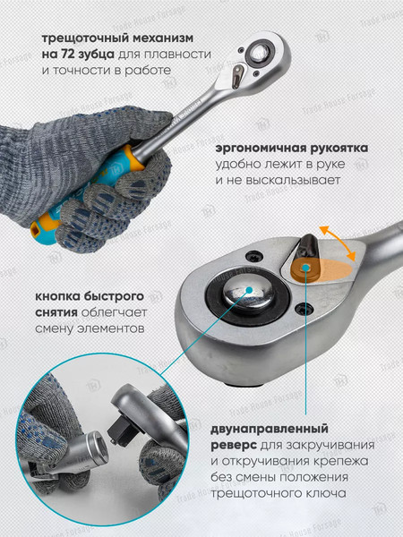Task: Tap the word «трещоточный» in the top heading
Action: pyautogui.click(x=85, y=38)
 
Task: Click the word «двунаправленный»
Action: pyautogui.click(x=270, y=429)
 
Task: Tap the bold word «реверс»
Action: pyautogui.click(x=234, y=446)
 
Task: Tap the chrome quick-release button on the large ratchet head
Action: pyautogui.click(x=249, y=292)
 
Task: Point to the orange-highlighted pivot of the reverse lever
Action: pyautogui.click(x=304, y=268)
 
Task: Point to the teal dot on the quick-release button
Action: pyautogui.click(x=249, y=290)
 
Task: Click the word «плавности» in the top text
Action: pyautogui.click(x=177, y=55)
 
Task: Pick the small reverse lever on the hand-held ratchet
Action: pyautogui.click(x=238, y=75)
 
